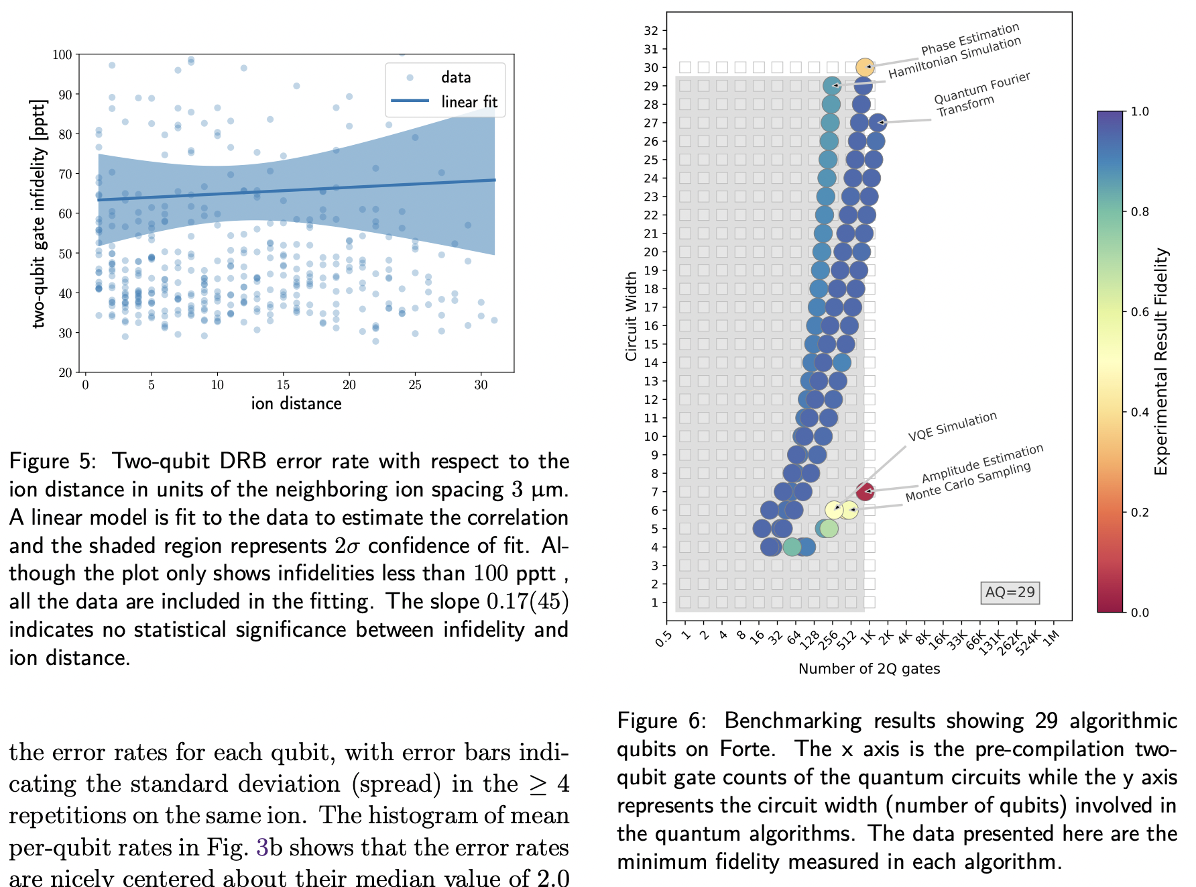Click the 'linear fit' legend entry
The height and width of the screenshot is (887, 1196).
pos(469,101)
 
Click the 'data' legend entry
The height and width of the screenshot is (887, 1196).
pos(456,77)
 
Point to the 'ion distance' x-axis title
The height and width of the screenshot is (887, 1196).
pos(296,403)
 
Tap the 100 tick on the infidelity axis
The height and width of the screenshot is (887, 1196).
pos(62,55)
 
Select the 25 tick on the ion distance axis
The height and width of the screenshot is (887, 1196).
pos(415,384)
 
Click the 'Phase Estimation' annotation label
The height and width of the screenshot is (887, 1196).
pos(969,40)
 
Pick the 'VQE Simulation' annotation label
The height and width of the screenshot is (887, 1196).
pos(952,427)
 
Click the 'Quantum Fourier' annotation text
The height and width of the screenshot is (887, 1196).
pos(981,88)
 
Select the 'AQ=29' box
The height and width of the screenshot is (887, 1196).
pos(1010,592)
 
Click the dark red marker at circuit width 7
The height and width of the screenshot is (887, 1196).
pos(865,492)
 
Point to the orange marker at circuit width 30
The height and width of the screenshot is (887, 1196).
pos(865,67)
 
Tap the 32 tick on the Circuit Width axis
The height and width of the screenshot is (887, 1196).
pos(651,31)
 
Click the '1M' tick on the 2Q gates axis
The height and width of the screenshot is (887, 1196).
pos(1051,637)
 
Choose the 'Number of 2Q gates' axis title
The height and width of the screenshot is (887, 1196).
pos(869,669)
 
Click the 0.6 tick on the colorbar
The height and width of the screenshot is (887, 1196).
pos(1140,312)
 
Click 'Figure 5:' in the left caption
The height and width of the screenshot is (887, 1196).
pos(52,462)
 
